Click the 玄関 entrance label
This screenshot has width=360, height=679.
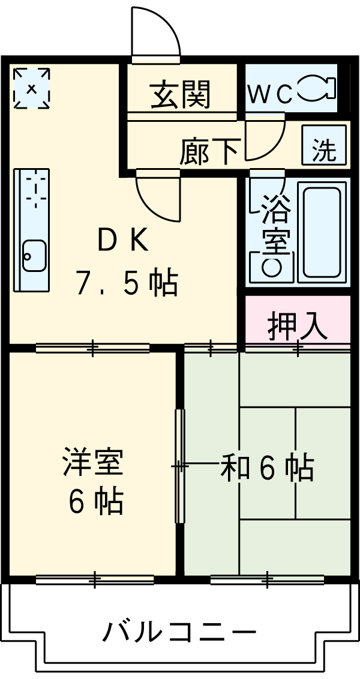180,95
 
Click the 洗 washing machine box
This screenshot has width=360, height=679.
324,146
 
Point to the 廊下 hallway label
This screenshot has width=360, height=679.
209,151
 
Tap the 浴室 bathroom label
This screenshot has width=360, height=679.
274,225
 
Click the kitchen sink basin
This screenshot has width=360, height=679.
34,257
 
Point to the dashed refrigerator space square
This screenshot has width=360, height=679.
32,88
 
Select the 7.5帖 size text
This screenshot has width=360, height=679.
126,282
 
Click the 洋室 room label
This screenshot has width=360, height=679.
93,463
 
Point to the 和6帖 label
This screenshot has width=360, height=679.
267,468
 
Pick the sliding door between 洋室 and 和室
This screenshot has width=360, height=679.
179,466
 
